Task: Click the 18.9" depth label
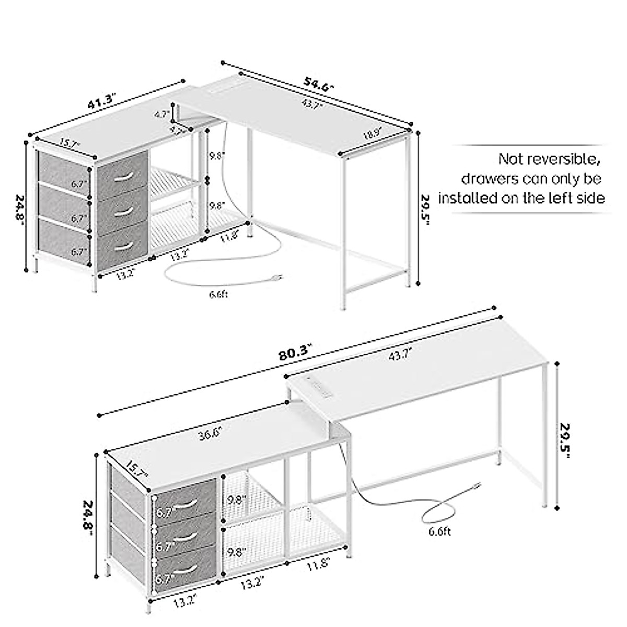[373, 134]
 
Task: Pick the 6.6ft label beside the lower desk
[439, 532]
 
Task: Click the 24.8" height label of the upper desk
[19, 208]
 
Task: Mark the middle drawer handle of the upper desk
[123, 211]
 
